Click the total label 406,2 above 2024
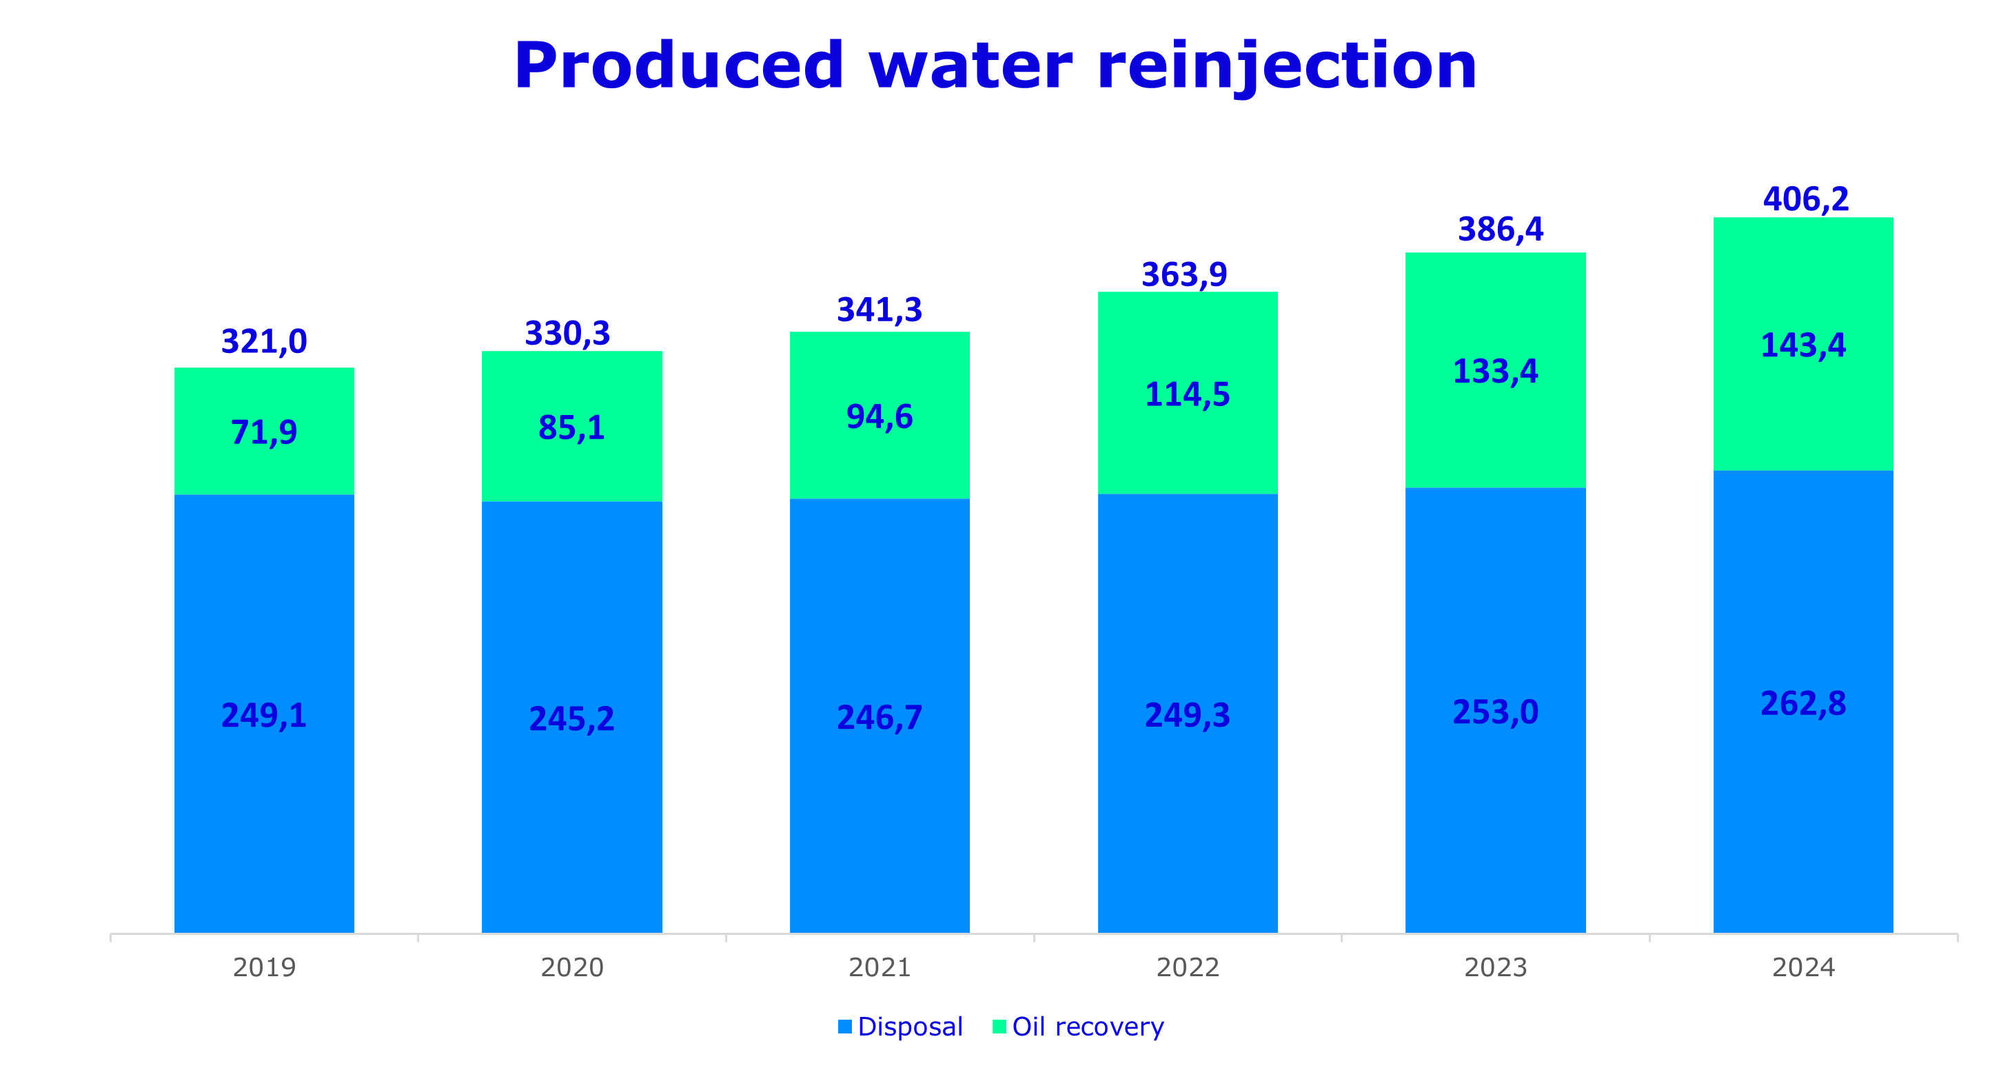point(1806,200)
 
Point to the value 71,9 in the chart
point(264,432)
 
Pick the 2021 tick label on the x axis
point(880,967)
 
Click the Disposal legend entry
point(901,1027)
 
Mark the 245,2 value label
point(571,719)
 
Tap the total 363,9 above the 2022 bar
point(1184,274)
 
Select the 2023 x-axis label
point(1496,967)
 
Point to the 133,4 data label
point(1496,372)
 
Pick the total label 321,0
point(264,341)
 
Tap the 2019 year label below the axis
point(264,967)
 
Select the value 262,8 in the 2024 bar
point(1802,703)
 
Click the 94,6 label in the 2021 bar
point(880,417)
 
